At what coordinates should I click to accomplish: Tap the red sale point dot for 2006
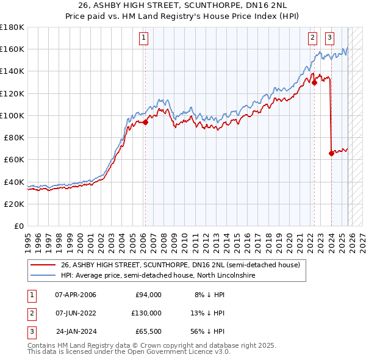pos(145,122)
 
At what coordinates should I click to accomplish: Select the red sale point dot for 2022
pos(314,82)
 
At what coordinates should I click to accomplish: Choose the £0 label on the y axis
pos(18,226)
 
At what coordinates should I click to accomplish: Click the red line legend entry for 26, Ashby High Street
pos(180,265)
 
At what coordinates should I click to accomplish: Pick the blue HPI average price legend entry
pos(157,276)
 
